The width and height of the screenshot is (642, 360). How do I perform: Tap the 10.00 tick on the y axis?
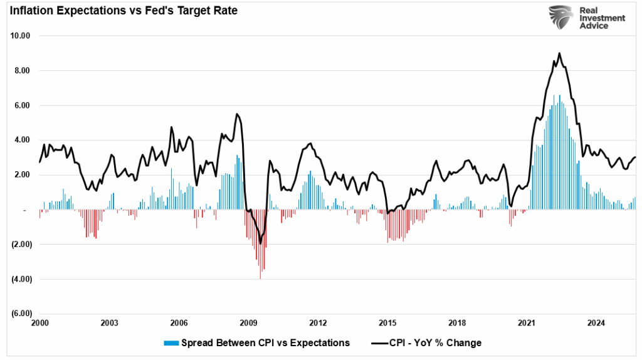click(x=21, y=36)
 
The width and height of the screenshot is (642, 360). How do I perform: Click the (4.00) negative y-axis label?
click(x=21, y=279)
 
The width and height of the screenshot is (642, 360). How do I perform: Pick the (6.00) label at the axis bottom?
click(x=21, y=314)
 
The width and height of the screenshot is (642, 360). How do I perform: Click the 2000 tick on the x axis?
click(x=39, y=324)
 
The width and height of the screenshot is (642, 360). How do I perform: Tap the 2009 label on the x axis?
click(x=249, y=324)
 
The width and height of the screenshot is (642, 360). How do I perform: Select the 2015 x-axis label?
click(x=388, y=324)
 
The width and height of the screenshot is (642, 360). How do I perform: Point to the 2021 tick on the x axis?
click(x=527, y=324)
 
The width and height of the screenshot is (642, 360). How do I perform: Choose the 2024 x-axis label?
click(x=597, y=324)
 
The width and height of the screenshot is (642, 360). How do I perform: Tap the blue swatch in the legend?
click(x=171, y=343)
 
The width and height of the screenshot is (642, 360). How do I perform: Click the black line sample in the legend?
click(x=379, y=343)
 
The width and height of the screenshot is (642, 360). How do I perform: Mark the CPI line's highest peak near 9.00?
click(x=559, y=53)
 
